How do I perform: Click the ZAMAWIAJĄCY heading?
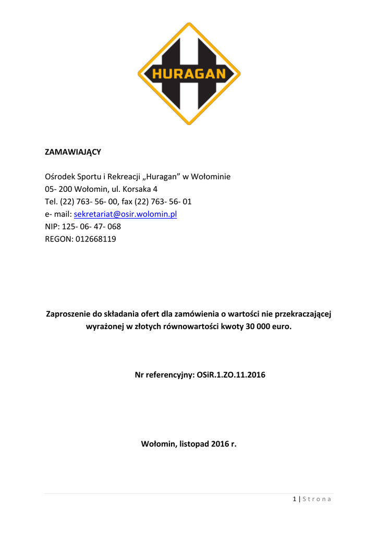coord(72,152)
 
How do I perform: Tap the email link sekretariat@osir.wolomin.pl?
coord(126,214)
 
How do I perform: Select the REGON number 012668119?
coord(95,239)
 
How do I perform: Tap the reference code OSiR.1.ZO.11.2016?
coord(231,374)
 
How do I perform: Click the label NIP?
coord(52,226)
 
